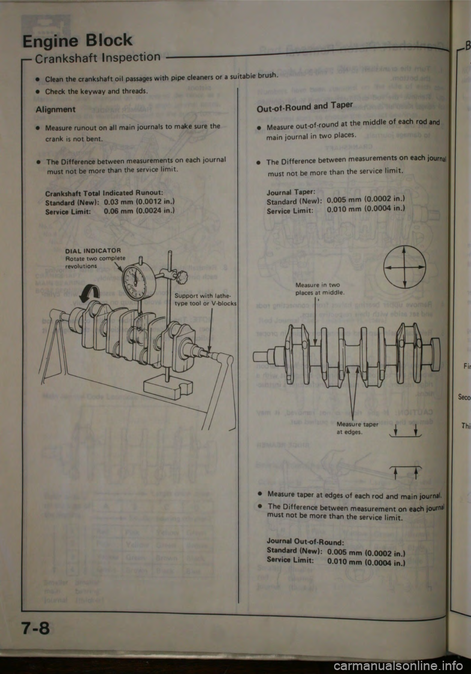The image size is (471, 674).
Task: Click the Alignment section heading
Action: point(55,109)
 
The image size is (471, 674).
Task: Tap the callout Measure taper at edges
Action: point(357,428)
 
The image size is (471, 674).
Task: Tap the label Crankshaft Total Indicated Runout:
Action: point(101,193)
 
